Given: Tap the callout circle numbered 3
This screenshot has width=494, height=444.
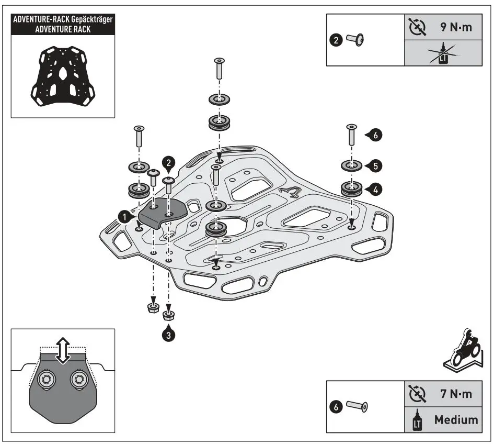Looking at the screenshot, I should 168,335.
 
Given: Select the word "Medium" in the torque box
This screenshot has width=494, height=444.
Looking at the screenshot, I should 455,419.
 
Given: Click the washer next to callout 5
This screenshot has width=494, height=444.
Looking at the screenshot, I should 351,166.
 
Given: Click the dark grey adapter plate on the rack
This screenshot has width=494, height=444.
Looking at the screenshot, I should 162,212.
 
